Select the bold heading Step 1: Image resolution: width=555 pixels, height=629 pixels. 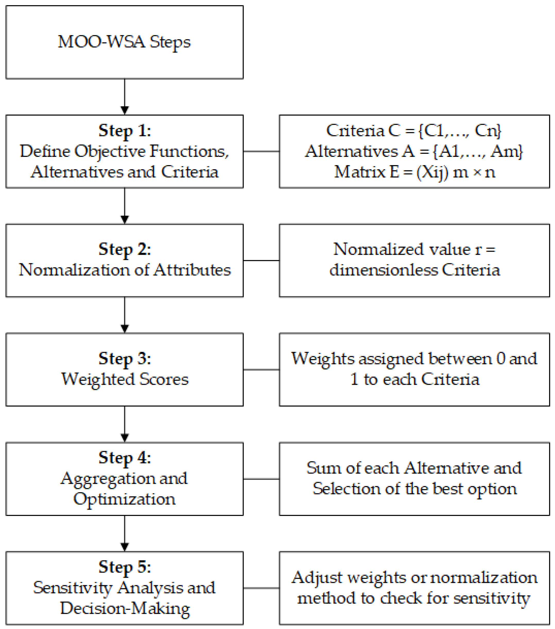[125, 131]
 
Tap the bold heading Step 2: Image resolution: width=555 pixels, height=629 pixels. [125, 249]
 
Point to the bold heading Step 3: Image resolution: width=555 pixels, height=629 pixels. [125, 359]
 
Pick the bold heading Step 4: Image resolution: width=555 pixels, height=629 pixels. [125, 458]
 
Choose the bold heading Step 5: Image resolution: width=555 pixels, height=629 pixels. [125, 567]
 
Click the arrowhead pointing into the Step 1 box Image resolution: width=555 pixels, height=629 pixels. [125, 110]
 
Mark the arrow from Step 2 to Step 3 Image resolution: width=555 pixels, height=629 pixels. [125, 316]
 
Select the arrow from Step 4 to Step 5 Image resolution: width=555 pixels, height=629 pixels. [125, 534]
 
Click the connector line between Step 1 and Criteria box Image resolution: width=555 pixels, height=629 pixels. [261, 151]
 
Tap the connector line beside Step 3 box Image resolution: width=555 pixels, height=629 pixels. [261, 370]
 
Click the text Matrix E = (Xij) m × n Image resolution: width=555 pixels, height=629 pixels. [414, 172]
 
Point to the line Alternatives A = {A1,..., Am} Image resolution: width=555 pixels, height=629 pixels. [414, 151]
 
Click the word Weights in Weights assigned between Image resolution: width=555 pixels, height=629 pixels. [323, 359]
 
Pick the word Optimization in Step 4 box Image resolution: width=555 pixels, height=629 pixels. [124, 499]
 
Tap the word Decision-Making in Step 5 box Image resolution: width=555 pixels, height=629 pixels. [125, 608]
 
